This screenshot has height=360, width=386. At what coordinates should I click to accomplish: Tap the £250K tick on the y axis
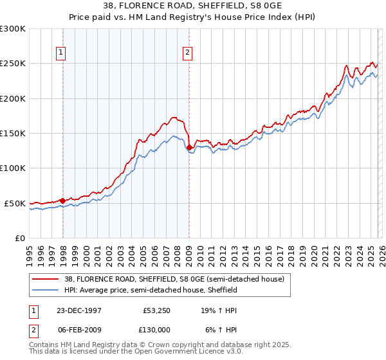coord(13,64)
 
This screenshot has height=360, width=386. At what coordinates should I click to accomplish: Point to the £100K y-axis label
coord(13,168)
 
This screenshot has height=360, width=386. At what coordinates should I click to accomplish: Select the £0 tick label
coord(20,238)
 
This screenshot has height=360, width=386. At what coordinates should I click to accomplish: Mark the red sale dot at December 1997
coord(63,201)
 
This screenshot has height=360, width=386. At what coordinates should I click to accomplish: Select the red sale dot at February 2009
coord(189,147)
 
